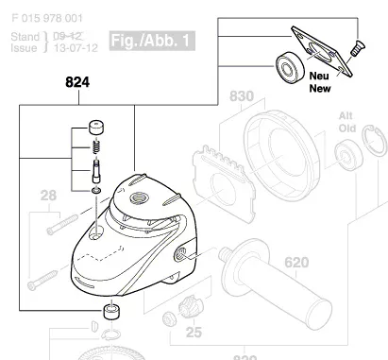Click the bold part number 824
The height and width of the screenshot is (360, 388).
(79, 84)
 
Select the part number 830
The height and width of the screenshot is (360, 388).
(243, 96)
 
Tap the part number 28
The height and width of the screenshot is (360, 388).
(48, 197)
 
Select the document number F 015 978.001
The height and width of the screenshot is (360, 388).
(49, 18)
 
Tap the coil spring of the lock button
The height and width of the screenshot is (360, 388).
(95, 147)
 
